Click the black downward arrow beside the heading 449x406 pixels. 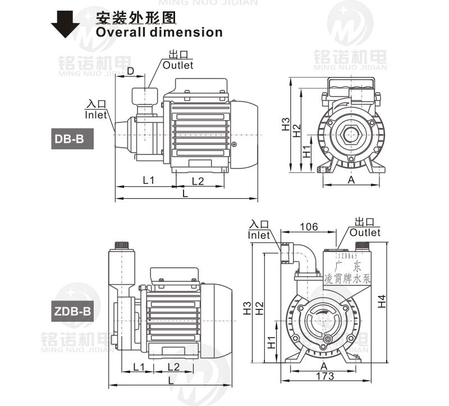click(x=65, y=24)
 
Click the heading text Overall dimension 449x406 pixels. click(x=159, y=32)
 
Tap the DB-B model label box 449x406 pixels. click(x=70, y=139)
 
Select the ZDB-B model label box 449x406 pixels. click(x=72, y=311)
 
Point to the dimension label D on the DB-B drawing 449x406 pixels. click(x=130, y=71)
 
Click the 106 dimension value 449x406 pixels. click(x=308, y=226)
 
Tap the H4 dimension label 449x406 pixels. click(x=382, y=302)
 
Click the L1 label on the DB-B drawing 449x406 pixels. click(x=148, y=180)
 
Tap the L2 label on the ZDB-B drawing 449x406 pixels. click(x=173, y=367)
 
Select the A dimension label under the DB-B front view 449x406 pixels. click(x=351, y=180)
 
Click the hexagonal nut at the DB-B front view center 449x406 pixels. click(x=351, y=135)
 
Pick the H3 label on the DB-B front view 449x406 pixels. click(x=286, y=124)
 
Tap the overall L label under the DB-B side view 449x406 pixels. click(x=186, y=193)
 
